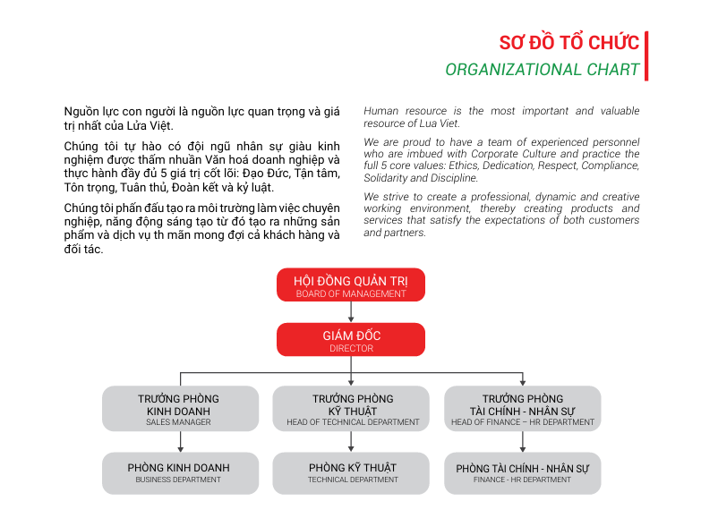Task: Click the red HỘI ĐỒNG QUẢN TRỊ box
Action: [350, 284]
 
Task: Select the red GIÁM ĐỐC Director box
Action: [350, 340]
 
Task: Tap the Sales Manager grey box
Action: [179, 409]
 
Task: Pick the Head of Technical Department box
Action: [352, 409]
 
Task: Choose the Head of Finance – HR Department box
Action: [522, 409]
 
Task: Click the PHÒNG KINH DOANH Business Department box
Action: [179, 472]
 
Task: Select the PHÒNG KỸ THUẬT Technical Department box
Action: [352, 472]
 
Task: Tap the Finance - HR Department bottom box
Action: [522, 472]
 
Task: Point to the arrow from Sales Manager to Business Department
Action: [180, 442]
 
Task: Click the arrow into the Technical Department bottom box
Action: [352, 442]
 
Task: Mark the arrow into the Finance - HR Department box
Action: [523, 442]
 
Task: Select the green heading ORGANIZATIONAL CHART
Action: [543, 70]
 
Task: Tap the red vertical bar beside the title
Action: [645, 55]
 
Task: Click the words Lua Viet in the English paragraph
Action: [440, 123]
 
